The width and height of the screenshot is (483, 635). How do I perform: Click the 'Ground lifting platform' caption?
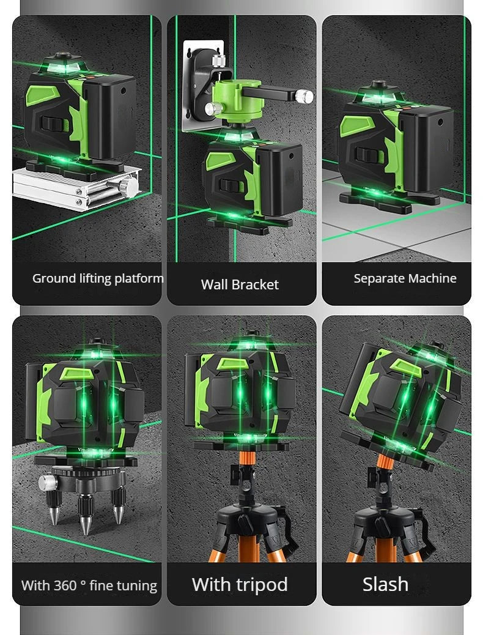point(97,278)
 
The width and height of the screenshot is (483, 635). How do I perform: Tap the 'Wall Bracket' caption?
point(240,284)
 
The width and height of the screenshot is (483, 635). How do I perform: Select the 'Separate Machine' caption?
point(405,278)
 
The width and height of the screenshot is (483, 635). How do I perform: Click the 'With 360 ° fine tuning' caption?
point(89,585)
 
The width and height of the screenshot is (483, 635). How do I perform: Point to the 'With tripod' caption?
point(240,584)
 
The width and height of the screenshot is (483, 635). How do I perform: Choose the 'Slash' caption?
point(385,584)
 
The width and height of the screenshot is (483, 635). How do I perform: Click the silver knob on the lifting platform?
point(130,185)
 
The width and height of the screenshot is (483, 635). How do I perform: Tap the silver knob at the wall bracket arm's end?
point(305,96)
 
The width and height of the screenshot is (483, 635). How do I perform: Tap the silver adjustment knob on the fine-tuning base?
point(47,483)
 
